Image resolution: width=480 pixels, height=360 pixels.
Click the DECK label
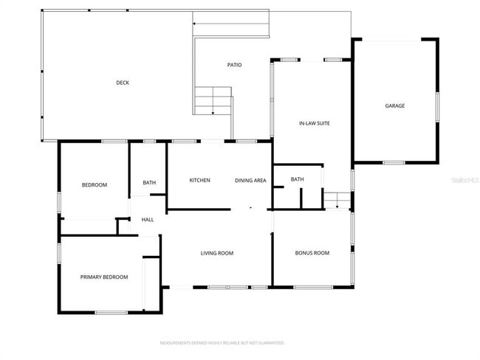(x=123, y=83)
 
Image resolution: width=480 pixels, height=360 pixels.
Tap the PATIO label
(x=234, y=65)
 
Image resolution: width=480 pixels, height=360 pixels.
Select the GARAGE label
(x=394, y=105)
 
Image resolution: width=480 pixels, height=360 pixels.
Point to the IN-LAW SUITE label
(x=314, y=123)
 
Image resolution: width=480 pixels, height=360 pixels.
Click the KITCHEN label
(x=199, y=180)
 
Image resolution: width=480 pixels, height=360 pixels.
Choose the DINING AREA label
(x=250, y=180)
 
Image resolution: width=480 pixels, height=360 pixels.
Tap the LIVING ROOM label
(x=217, y=253)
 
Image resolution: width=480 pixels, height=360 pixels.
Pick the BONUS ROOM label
(x=312, y=253)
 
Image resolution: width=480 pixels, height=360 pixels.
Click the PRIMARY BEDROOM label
(x=104, y=277)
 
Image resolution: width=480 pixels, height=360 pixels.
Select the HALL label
(x=148, y=219)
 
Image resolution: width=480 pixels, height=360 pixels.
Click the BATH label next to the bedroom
(x=149, y=183)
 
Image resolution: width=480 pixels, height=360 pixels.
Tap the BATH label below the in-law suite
(x=297, y=179)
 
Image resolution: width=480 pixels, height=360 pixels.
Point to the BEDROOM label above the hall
(x=94, y=184)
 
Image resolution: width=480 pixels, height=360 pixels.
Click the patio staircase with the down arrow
(x=213, y=100)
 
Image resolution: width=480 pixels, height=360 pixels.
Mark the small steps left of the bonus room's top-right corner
(x=337, y=200)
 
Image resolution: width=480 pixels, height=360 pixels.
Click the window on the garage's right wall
(x=436, y=105)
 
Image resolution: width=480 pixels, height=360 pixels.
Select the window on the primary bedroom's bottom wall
(x=111, y=313)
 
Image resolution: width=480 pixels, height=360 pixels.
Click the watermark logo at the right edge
(x=462, y=179)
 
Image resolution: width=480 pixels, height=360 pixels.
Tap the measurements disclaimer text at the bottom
(x=222, y=343)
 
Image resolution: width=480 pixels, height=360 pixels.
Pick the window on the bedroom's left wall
(x=59, y=202)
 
